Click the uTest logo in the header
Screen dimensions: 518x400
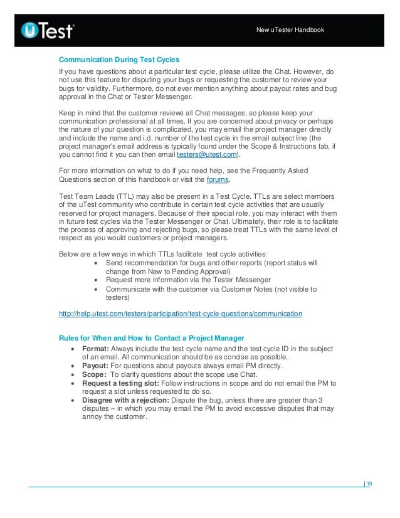coord(48,29)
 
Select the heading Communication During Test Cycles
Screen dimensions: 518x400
coord(118,60)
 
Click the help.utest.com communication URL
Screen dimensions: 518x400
coord(180,312)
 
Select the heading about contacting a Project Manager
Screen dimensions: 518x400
coord(150,338)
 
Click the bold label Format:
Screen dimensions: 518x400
coord(95,349)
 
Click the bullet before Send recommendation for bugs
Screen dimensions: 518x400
coord(95,262)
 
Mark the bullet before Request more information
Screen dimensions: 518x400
coord(95,280)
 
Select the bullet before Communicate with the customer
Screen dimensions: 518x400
coord(95,289)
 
